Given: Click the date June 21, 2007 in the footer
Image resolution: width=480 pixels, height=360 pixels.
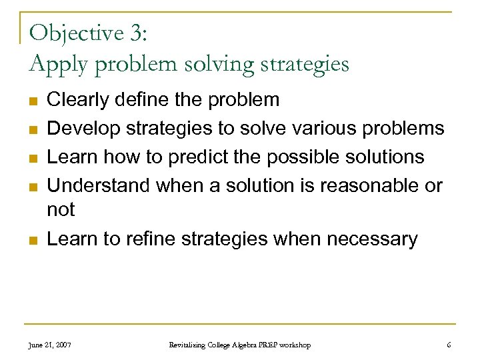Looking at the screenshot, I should (51, 345).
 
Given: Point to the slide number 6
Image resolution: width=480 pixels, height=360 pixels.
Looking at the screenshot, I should (449, 345).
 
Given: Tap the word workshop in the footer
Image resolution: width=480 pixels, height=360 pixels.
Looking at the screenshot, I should (294, 345).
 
